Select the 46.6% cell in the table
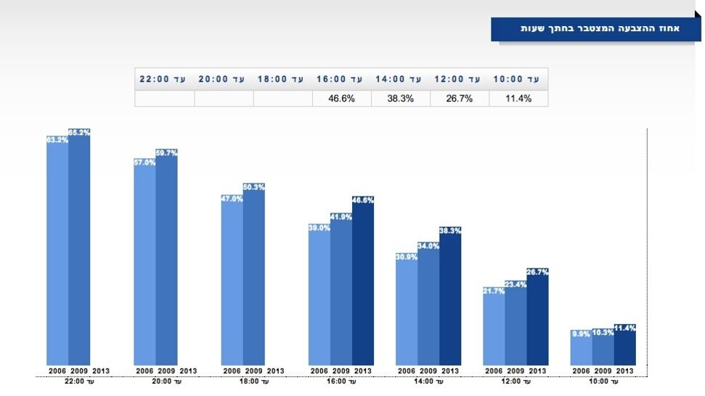(x=341, y=99)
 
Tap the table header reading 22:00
(x=164, y=78)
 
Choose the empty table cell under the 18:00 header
(x=282, y=99)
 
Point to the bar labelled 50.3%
(x=253, y=276)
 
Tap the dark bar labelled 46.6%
(x=363, y=283)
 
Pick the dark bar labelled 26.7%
(x=537, y=319)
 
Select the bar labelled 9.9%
(x=581, y=349)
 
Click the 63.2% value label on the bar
(x=57, y=140)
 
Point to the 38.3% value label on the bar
(x=450, y=231)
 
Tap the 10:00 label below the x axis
(x=603, y=381)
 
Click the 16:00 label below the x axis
(x=341, y=381)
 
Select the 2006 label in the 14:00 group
(x=407, y=371)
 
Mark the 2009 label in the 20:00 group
(x=166, y=371)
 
